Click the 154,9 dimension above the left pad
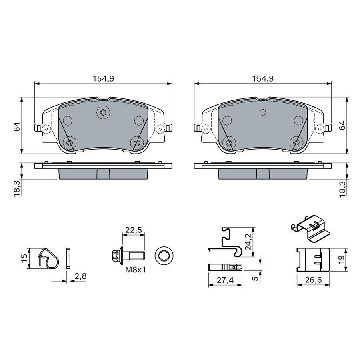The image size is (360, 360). (x=104, y=79)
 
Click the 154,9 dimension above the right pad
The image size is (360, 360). (x=262, y=79)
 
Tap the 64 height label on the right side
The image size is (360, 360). (x=342, y=126)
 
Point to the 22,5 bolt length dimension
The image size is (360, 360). (x=133, y=230)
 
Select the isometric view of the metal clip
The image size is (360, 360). (x=310, y=229)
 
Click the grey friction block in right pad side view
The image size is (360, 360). (x=262, y=173)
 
